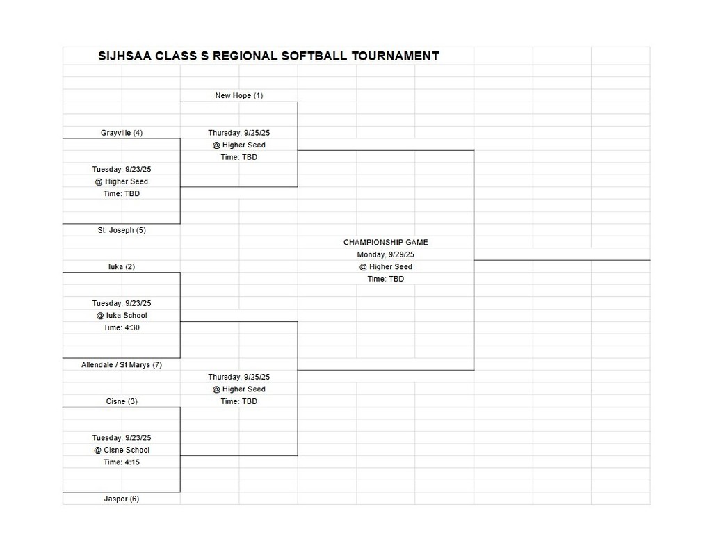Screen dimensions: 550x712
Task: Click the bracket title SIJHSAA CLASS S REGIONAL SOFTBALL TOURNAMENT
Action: coord(268,56)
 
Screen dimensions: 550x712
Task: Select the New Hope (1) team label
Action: coord(239,96)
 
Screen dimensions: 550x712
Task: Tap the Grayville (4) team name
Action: coord(122,133)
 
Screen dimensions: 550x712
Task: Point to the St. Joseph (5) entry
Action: coord(122,230)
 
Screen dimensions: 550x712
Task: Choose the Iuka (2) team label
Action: coord(122,267)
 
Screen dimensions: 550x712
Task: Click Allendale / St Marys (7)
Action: coord(122,365)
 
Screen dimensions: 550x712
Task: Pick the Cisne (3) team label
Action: coord(122,402)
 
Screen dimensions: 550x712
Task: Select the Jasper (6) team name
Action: coord(122,499)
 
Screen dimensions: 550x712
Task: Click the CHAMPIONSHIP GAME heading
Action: coord(386,243)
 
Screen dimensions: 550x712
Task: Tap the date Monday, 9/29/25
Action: coord(386,254)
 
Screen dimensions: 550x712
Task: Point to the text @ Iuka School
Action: coord(122,316)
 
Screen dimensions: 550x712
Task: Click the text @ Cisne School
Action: coord(122,451)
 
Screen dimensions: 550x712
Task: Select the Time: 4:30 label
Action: coord(122,327)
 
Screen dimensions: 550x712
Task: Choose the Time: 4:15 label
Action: coord(122,462)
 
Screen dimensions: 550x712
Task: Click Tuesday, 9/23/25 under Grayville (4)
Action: coord(122,170)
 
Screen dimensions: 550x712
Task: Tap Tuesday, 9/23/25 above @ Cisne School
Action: coord(122,438)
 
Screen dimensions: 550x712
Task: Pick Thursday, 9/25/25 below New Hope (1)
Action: coord(239,133)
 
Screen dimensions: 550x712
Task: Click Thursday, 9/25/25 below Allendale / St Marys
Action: coord(239,377)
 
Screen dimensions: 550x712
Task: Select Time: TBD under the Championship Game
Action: coord(386,280)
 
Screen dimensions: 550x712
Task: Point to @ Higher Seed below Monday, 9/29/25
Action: coord(386,267)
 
